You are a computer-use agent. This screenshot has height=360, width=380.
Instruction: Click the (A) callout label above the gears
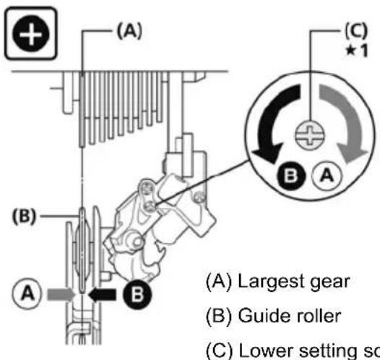[x=126, y=31]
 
